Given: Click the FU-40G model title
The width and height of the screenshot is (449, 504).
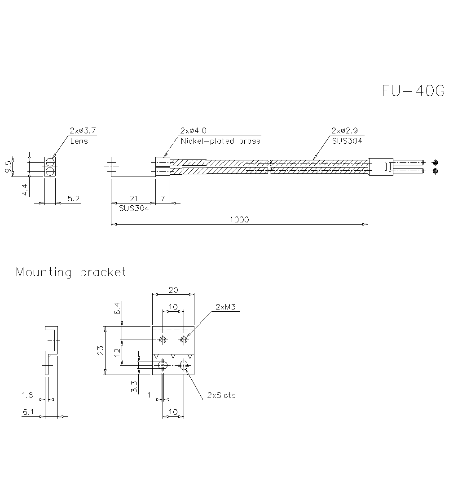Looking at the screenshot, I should [413, 91].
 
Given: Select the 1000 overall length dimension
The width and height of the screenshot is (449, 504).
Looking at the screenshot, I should [239, 219].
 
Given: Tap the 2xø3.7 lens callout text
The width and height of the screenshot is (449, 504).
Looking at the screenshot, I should [82, 131].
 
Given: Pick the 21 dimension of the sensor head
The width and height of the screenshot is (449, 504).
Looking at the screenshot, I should [133, 199].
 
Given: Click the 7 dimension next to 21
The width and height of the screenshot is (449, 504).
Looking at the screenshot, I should [163, 199].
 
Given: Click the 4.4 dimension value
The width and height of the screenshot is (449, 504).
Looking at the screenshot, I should [25, 189].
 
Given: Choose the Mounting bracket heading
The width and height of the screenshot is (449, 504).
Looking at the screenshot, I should [71, 272].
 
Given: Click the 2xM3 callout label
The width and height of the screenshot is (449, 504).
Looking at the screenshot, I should [225, 307].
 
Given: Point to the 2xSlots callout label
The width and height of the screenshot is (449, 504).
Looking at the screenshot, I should [221, 395].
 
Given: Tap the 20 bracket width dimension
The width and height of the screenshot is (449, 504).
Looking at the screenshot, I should [173, 290].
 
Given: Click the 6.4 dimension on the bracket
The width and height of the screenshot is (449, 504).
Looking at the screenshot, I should [117, 309].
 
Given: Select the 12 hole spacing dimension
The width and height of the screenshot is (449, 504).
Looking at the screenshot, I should [117, 353].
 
